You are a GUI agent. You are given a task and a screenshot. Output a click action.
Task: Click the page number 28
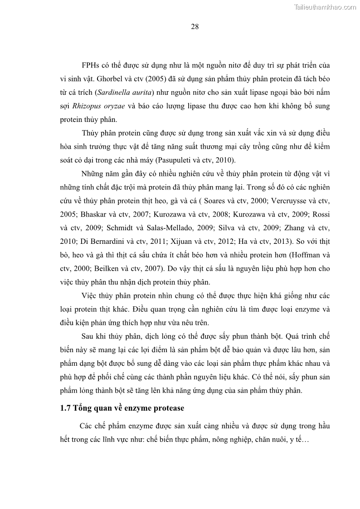195,26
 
